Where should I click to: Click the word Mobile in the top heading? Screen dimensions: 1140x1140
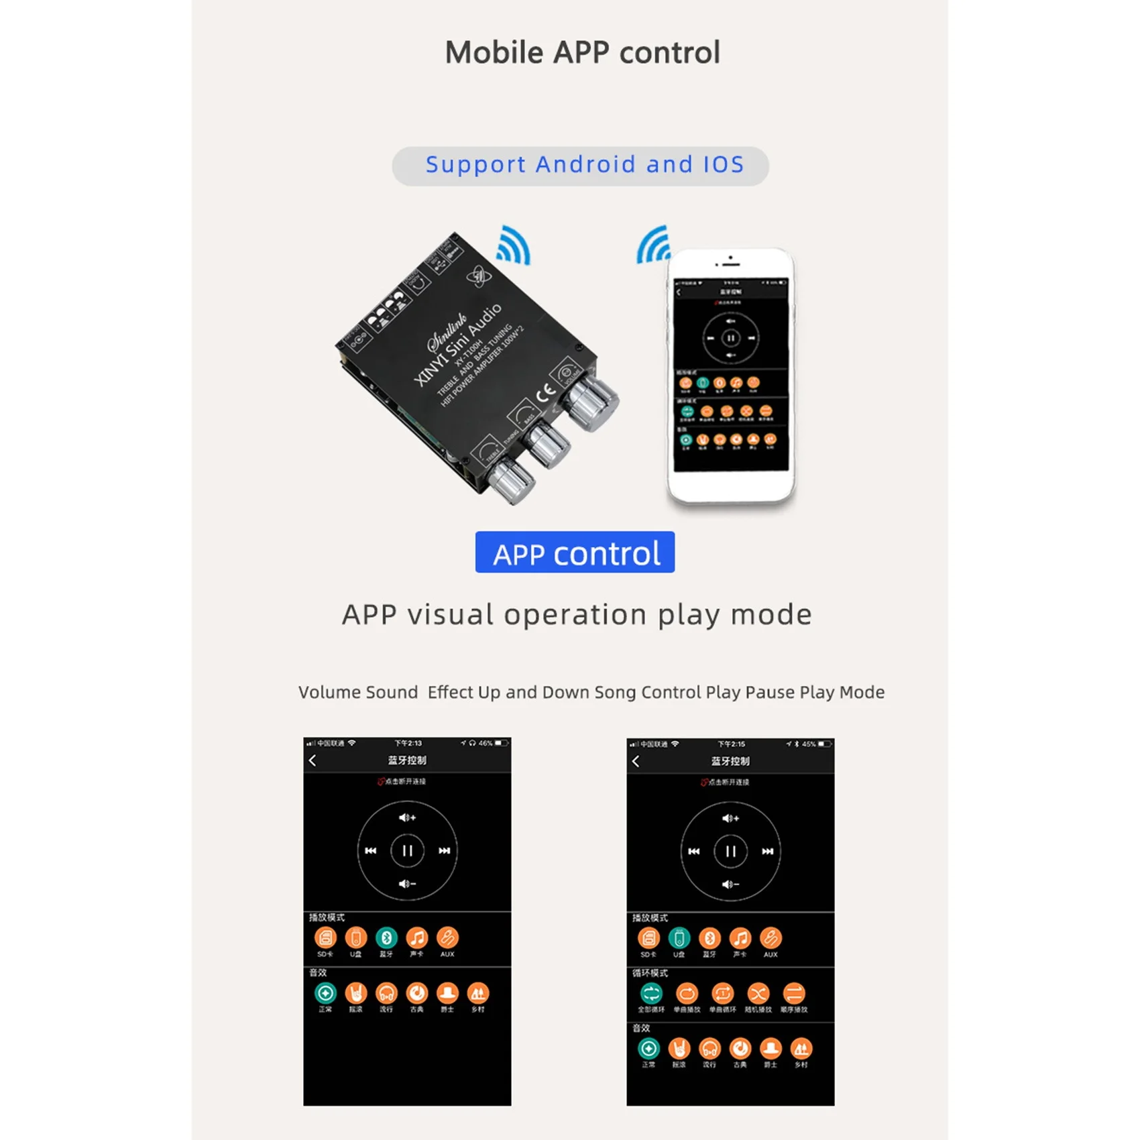[x=494, y=52]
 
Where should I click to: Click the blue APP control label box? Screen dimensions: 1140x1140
[x=575, y=553]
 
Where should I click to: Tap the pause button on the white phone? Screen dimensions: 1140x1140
[x=731, y=338]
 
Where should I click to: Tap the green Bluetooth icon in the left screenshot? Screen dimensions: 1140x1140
[x=386, y=937]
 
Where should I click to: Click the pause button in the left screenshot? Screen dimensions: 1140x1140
[x=407, y=851]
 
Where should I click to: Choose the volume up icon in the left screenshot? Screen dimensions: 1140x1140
[x=407, y=817]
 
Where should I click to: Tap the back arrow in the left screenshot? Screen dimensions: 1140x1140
[x=312, y=760]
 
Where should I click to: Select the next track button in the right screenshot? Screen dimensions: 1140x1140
[x=768, y=852]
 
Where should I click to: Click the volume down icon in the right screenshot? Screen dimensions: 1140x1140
[x=730, y=885]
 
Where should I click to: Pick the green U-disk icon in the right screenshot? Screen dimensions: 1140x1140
[x=679, y=938]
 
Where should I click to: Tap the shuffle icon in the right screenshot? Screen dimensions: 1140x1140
[x=758, y=993]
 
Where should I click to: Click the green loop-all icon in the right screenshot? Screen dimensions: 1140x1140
[x=651, y=993]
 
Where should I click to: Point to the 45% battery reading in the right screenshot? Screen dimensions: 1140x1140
[x=809, y=744]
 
